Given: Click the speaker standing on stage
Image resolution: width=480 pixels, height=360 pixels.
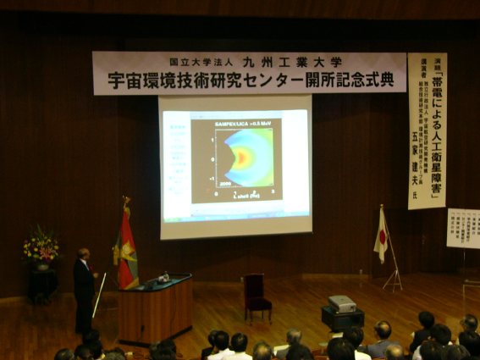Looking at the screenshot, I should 83,288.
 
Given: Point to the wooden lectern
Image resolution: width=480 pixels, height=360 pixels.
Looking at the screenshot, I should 154,310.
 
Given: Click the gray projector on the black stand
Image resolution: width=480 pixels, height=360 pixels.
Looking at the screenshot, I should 342,303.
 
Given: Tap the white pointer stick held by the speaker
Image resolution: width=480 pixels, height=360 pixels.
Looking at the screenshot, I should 99,296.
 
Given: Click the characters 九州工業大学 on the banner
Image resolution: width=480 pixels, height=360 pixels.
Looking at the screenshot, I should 292,62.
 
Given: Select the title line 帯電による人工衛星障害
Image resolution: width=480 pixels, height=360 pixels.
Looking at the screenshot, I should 437,127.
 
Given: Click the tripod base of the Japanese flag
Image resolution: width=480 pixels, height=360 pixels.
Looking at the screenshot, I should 393,280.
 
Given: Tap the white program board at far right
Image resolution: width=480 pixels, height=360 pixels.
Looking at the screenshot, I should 463,228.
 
